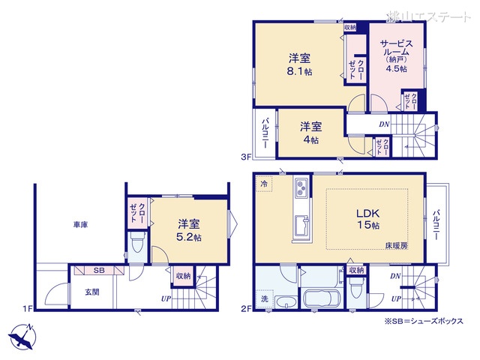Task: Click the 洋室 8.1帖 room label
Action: (300, 65)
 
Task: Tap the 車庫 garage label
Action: (82, 224)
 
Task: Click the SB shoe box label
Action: (99, 271)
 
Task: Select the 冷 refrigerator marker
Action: (264, 183)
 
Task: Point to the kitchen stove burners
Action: (301, 186)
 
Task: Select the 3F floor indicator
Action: (244, 157)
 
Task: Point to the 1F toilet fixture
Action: (136, 243)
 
